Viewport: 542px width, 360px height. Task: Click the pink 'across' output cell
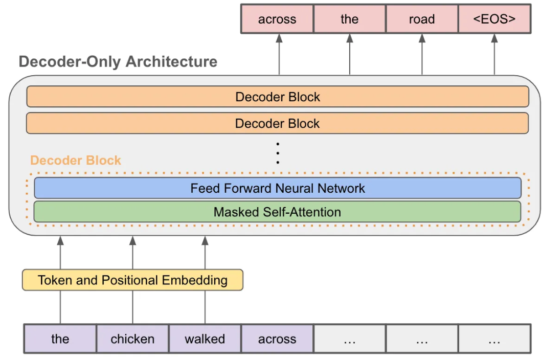tap(277, 19)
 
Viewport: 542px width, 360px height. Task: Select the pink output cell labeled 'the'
tap(349, 19)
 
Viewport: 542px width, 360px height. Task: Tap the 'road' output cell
tap(422, 19)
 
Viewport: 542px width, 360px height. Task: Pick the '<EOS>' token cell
tap(494, 19)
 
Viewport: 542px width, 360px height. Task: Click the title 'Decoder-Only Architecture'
tap(118, 62)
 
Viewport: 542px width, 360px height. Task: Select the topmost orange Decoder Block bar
tap(277, 97)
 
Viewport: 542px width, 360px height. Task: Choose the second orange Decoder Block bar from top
tap(277, 123)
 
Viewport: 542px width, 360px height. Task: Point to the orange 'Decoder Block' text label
tap(76, 160)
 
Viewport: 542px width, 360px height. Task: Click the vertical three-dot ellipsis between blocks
tap(277, 153)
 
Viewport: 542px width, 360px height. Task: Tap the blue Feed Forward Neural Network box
tap(277, 188)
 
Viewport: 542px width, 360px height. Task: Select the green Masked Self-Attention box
tap(277, 212)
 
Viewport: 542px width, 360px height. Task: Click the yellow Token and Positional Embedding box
tap(132, 280)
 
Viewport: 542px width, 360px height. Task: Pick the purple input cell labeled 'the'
tap(60, 339)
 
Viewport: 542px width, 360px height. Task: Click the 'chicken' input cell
tap(132, 339)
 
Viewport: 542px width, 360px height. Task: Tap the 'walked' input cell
tap(205, 339)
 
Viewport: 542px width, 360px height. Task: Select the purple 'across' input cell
tap(277, 339)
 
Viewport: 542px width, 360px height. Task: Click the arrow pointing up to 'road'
tap(422, 54)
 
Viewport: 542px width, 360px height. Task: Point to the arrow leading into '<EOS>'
tap(494, 54)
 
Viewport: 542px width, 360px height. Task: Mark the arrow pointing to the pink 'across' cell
tap(279, 54)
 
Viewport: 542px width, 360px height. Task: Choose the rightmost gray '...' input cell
tap(494, 339)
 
